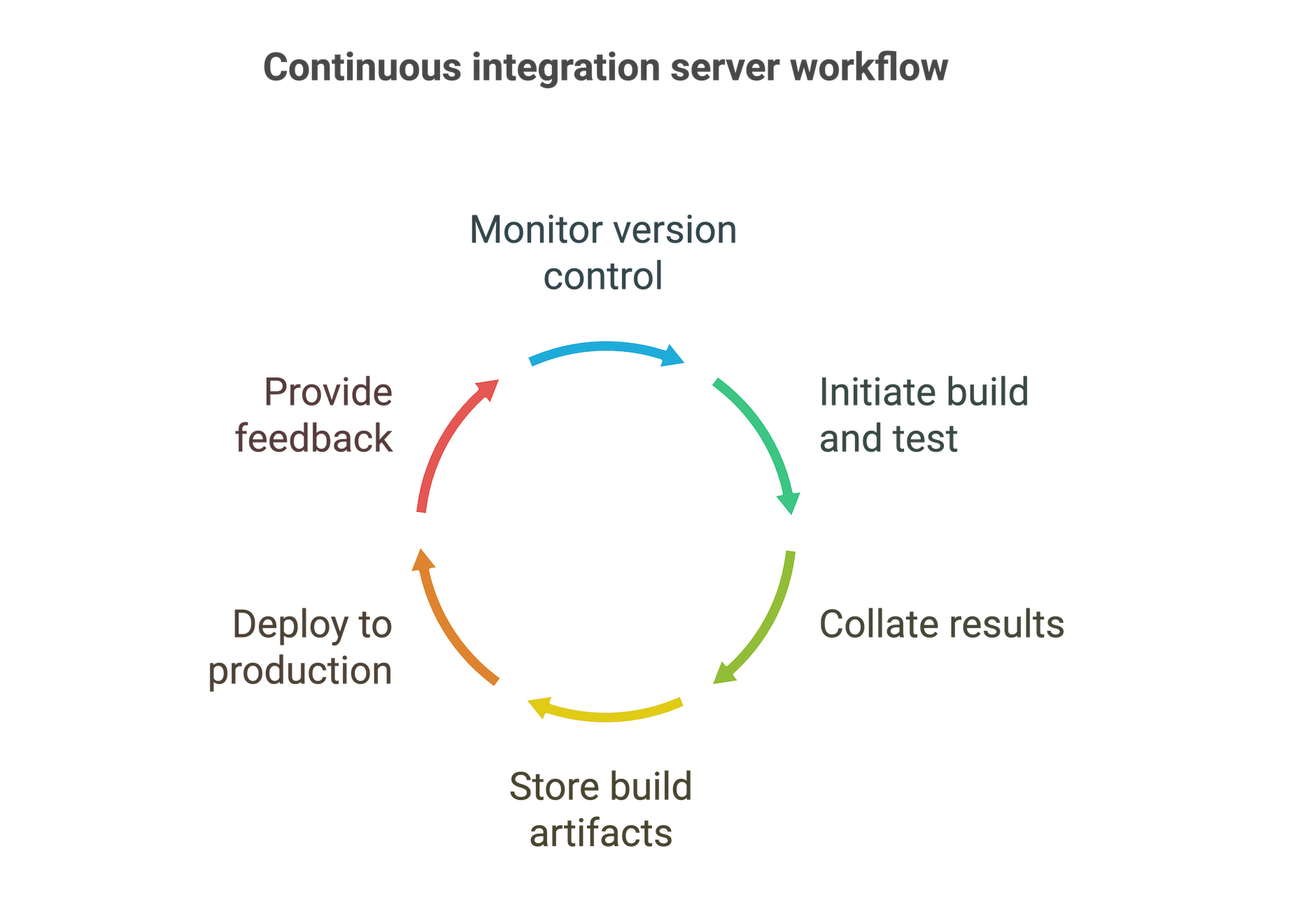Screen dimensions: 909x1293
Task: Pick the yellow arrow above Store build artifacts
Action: tap(605, 715)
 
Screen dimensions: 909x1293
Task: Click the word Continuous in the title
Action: tap(362, 68)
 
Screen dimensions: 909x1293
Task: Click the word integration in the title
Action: tap(566, 68)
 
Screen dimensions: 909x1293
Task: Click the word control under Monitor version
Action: tap(603, 275)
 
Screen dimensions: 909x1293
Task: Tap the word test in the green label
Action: tap(926, 439)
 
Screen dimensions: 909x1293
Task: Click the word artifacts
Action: tap(600, 833)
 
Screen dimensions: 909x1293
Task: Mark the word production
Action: tap(300, 672)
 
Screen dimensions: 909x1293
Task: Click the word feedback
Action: tap(314, 439)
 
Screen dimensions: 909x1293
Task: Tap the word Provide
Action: tap(328, 392)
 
